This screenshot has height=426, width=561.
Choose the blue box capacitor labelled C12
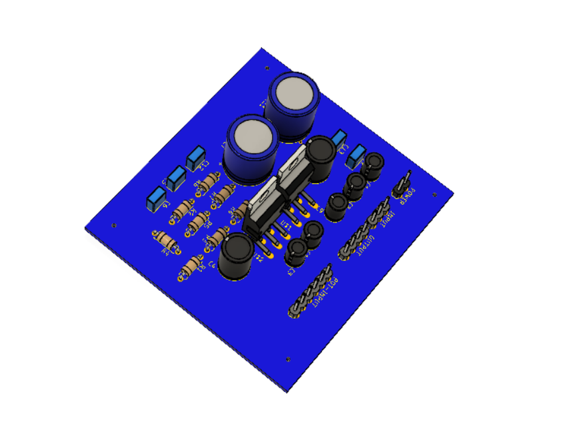[x=196, y=158]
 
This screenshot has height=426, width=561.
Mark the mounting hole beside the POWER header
[x=435, y=195]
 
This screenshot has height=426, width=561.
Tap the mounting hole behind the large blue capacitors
[x=267, y=68]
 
